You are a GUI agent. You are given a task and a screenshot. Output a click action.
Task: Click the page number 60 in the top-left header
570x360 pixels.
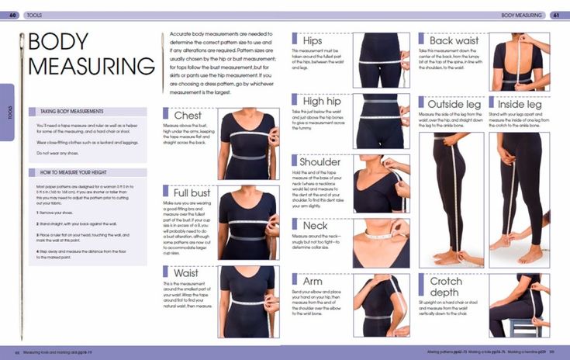[13, 15]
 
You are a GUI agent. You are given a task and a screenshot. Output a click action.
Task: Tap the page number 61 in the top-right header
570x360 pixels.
[556, 15]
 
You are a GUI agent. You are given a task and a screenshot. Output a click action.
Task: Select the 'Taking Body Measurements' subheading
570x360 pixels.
[71, 112]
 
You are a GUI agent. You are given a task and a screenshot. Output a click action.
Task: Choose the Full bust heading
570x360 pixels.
[192, 191]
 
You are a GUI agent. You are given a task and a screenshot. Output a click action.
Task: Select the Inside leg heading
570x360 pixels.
[520, 103]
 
